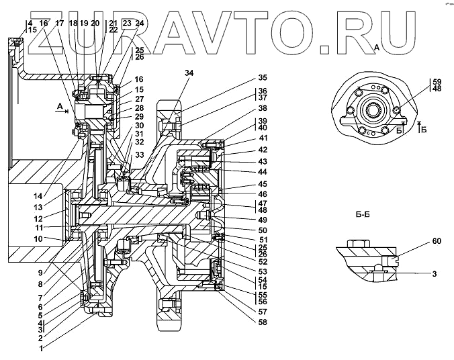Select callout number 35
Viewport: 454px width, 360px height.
(x=263, y=78)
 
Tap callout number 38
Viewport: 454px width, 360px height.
(x=263, y=107)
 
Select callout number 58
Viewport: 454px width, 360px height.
(x=263, y=322)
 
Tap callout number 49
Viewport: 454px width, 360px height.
(x=263, y=220)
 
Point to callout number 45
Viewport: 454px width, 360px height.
(x=263, y=184)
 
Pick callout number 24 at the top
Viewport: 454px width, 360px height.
(x=140, y=23)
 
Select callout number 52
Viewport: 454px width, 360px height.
(x=263, y=261)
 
